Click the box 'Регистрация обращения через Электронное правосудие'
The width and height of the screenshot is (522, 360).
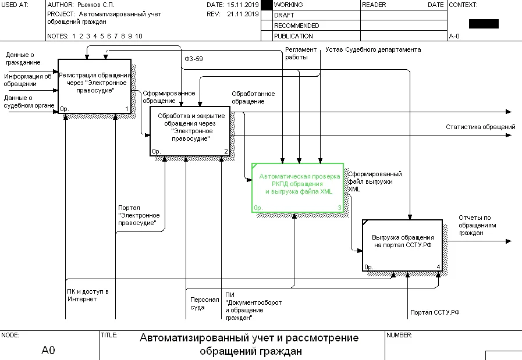point(94,85)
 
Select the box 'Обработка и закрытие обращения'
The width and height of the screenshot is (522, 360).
point(191,131)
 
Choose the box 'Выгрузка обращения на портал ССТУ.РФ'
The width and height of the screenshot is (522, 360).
point(402,245)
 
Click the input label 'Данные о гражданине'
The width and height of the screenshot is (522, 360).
point(23,58)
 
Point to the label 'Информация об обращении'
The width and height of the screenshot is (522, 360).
point(28,80)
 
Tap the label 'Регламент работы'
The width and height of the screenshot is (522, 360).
point(300,54)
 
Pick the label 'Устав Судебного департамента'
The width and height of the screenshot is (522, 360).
point(373,50)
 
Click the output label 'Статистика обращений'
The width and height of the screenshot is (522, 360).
point(480,127)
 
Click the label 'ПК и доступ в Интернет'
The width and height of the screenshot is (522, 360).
point(88,295)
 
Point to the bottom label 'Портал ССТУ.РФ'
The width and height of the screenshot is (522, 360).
point(435,313)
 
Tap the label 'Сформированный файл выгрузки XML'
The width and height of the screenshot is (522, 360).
point(375,181)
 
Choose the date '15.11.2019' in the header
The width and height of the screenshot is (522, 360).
point(243,5)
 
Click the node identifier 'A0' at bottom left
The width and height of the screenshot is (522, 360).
point(48,350)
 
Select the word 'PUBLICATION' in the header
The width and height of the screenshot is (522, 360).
point(293,36)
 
